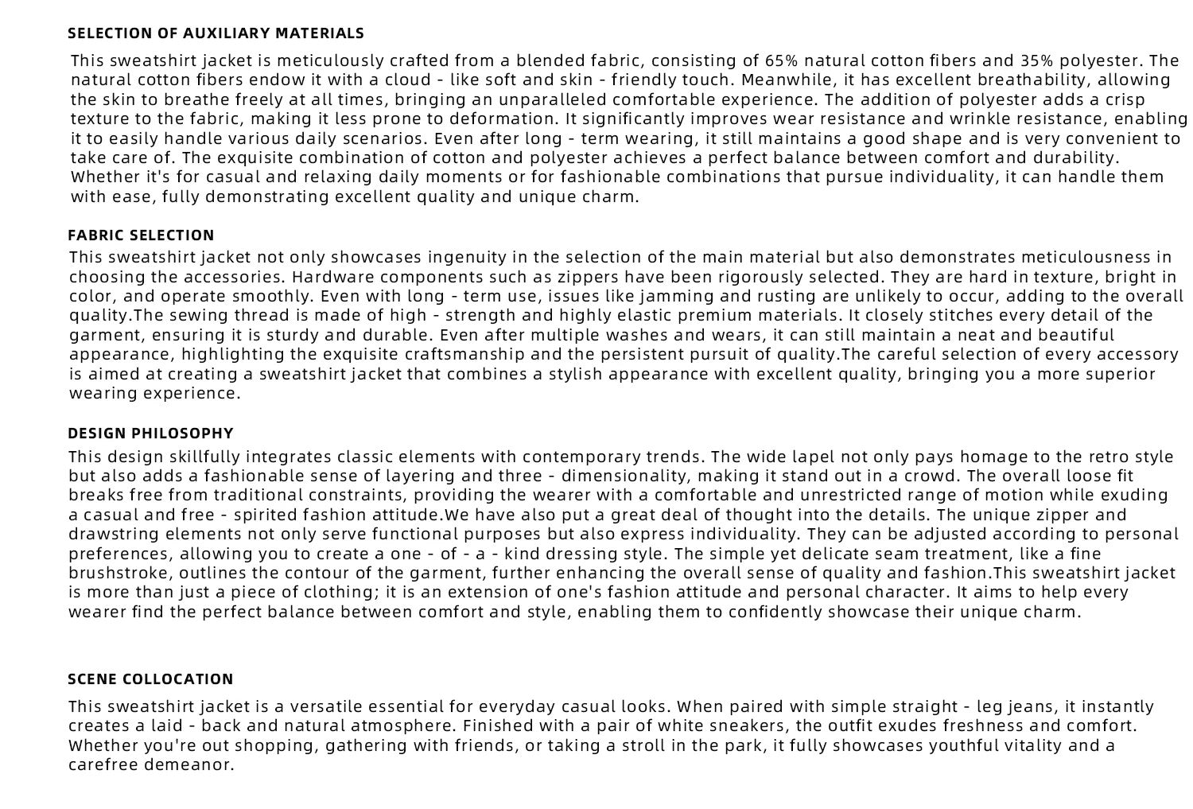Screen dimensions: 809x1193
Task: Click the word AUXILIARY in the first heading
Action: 225,33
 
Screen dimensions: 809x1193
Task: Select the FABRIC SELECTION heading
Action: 141,235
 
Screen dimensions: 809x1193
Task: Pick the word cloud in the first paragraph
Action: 408,80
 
